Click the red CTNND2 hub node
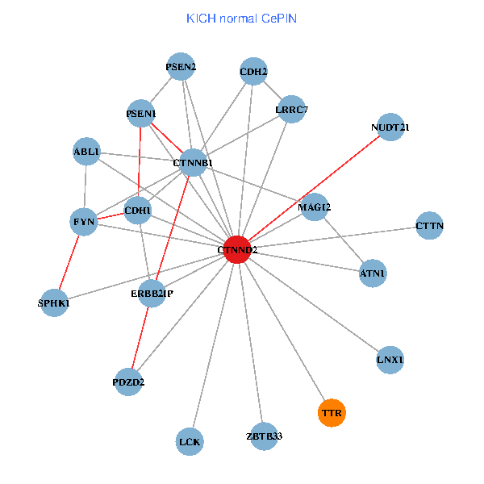click(x=236, y=250)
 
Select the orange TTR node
click(x=332, y=413)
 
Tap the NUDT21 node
click(x=390, y=127)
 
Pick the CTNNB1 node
click(x=194, y=163)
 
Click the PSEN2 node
click(x=181, y=67)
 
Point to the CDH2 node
click(x=253, y=71)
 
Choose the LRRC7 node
click(x=291, y=109)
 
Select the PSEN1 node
click(x=141, y=114)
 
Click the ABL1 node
click(x=86, y=151)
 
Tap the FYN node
click(x=85, y=220)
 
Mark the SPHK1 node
click(x=54, y=303)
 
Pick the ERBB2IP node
click(x=152, y=294)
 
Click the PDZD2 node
click(x=128, y=382)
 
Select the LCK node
click(x=190, y=441)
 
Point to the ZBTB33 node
click(x=264, y=436)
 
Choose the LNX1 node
click(x=390, y=359)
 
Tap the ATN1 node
click(x=373, y=273)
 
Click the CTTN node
click(x=430, y=225)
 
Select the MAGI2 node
click(x=315, y=207)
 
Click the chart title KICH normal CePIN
click(x=241, y=18)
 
